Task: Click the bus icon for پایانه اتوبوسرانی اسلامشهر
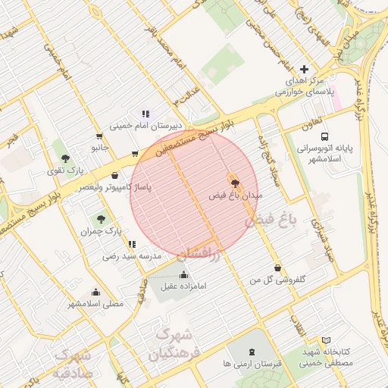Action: point(325,137)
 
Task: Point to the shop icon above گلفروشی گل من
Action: point(277,268)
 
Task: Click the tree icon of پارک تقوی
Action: point(67,158)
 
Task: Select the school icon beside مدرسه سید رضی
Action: point(133,244)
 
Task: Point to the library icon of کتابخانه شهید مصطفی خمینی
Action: point(327,342)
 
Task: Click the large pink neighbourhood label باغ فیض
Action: point(268,221)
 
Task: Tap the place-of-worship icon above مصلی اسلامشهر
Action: point(95,292)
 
